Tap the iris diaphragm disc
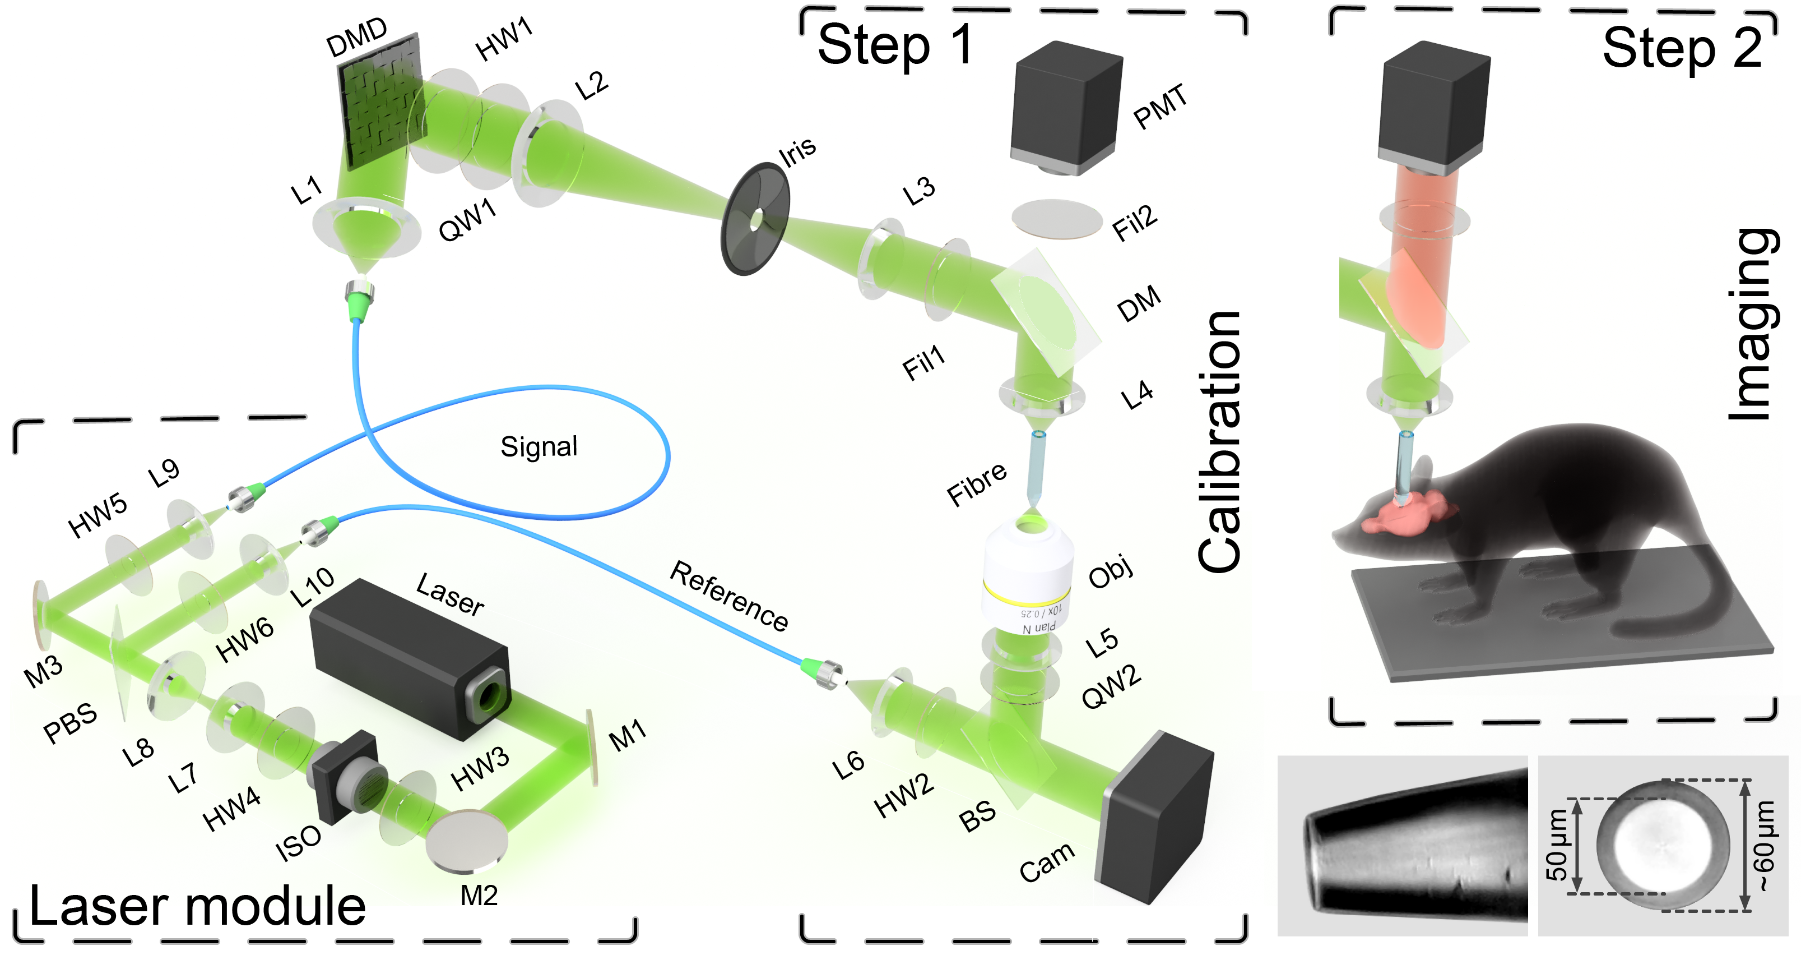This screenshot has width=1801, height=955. (755, 218)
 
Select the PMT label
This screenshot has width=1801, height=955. (1160, 107)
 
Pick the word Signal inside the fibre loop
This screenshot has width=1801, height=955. (539, 447)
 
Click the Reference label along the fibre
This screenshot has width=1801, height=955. (729, 596)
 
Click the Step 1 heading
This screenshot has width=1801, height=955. (895, 45)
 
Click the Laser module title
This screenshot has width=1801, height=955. (198, 906)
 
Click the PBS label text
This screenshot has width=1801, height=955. (70, 723)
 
